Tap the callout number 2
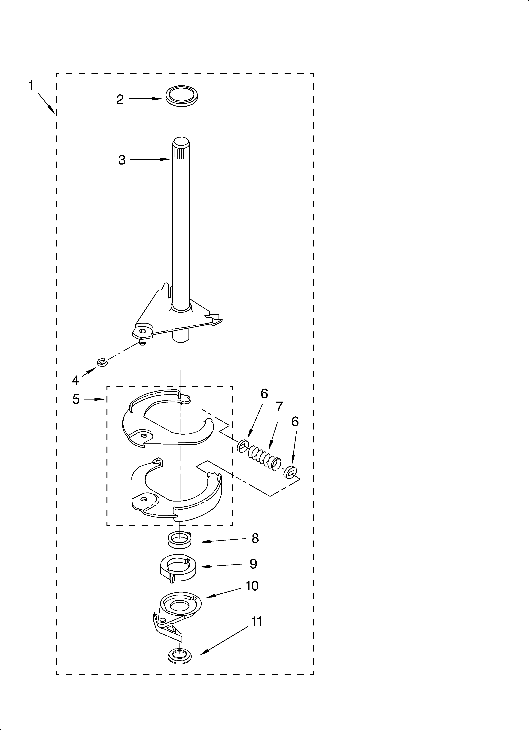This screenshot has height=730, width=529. (120, 99)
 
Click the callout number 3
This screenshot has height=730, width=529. (122, 160)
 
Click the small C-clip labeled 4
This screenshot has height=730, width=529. (102, 362)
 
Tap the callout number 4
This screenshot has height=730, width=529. (75, 380)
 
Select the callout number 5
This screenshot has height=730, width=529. (76, 400)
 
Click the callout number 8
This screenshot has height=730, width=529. (255, 538)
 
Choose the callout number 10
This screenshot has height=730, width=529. (252, 586)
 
